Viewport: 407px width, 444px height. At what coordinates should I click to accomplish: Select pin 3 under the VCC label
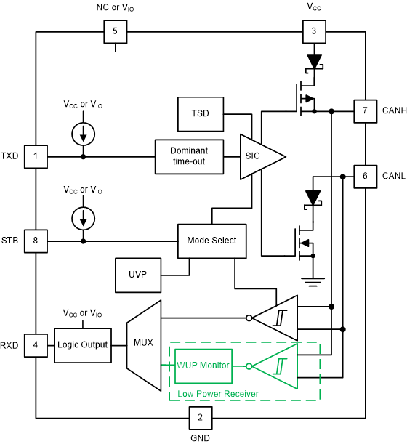pos(313,32)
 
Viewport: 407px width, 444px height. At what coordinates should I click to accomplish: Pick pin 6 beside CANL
pos(364,176)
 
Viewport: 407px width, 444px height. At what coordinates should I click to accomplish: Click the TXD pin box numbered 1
pos(36,156)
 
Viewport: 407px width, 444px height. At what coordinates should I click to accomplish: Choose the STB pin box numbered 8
pos(36,240)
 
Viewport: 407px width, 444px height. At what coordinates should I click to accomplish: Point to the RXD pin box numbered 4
pos(36,344)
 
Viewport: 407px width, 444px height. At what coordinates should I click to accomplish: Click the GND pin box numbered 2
pos(200,418)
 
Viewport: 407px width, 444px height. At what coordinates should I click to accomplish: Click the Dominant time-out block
pos(188,156)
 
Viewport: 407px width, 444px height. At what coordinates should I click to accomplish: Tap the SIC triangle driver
pos(259,156)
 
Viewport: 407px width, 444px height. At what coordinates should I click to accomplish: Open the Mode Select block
pos(211,240)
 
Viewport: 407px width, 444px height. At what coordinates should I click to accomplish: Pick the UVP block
pos(138,275)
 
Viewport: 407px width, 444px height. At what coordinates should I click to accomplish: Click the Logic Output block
pos(82,344)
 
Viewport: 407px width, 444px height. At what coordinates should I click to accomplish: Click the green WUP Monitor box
pos(203,366)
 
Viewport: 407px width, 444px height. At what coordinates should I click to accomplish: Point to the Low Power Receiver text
pos(218,393)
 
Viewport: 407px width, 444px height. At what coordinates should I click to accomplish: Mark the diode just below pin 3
pos(313,61)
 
